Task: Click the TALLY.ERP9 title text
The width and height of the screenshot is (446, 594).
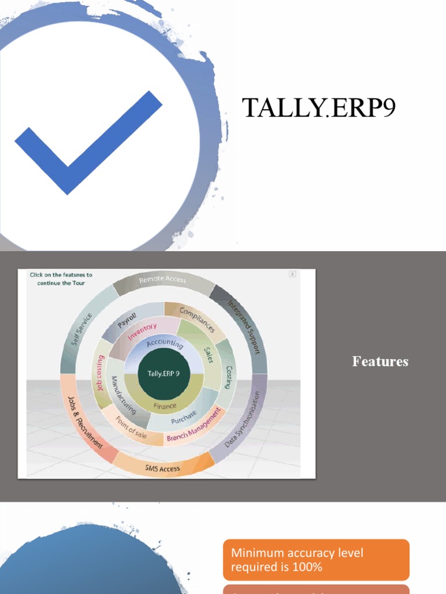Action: point(318,108)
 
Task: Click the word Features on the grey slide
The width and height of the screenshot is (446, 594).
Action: point(380,361)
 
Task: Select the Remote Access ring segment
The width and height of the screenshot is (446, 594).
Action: point(163,280)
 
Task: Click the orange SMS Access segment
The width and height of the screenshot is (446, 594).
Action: point(162,468)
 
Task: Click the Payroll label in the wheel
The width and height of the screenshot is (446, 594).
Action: point(127,321)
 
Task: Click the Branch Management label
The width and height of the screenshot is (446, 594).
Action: point(194,425)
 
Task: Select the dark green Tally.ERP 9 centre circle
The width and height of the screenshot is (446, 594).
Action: point(163,374)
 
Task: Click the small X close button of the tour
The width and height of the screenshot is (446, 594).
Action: point(292,274)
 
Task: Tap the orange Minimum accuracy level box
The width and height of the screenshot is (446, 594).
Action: point(316,559)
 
